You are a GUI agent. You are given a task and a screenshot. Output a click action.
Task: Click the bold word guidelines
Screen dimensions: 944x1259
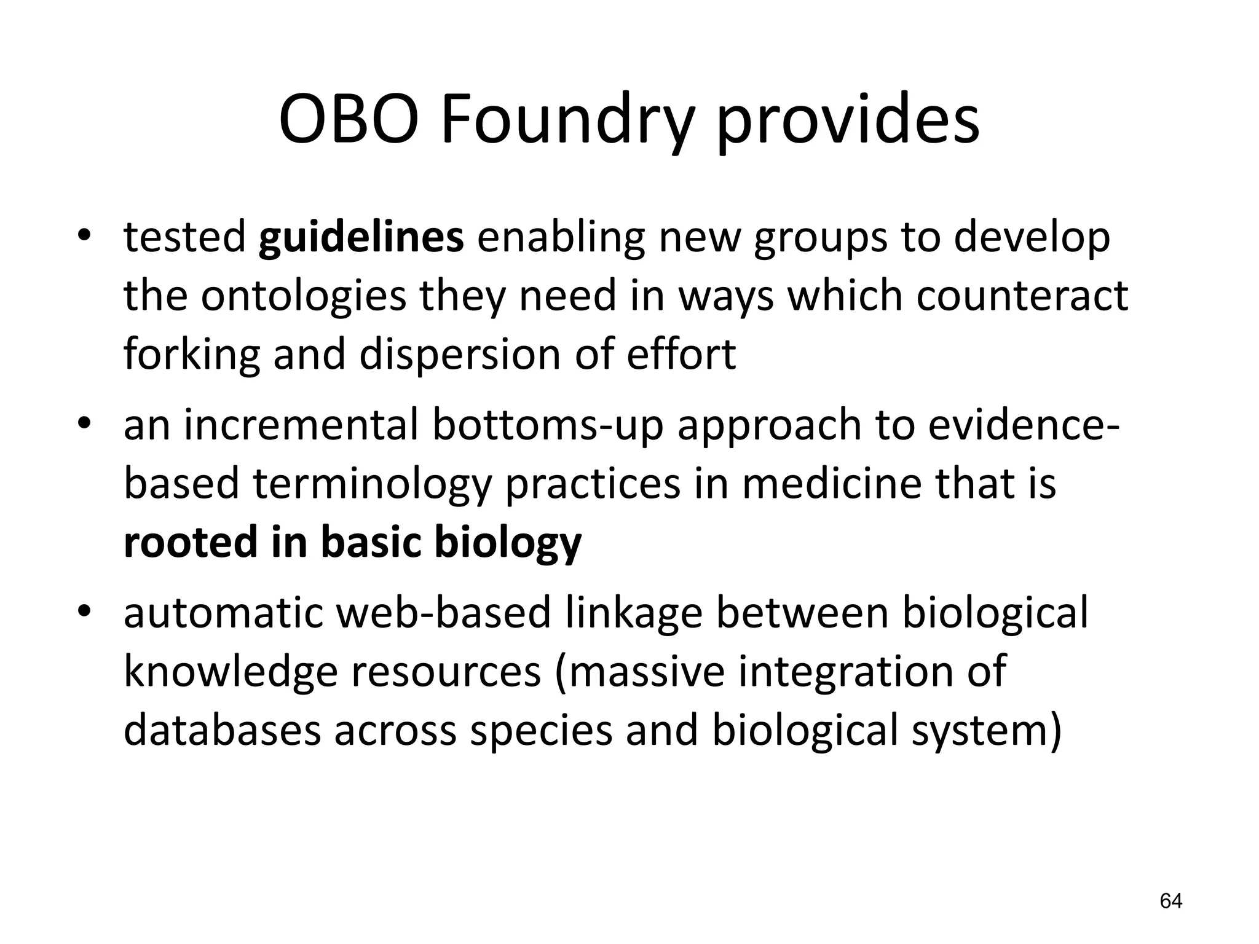point(361,237)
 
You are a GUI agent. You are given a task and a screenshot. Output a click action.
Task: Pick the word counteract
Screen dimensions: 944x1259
point(1022,296)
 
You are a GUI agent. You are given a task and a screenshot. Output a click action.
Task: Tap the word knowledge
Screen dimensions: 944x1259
point(231,672)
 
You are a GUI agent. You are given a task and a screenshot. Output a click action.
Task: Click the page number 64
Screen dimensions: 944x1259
point(1170,901)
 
